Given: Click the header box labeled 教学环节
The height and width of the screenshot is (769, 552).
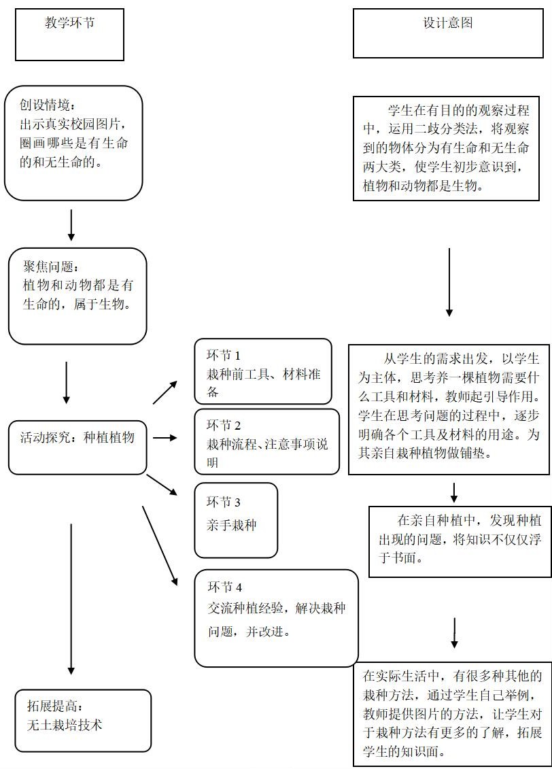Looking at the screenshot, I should click(x=69, y=34).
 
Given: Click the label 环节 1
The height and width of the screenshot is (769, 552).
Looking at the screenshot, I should click(x=224, y=355).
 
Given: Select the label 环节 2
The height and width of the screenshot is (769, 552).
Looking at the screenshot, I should click(x=224, y=426).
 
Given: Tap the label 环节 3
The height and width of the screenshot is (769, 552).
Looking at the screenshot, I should click(x=224, y=502).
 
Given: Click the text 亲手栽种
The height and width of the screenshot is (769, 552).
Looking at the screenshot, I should click(x=232, y=526).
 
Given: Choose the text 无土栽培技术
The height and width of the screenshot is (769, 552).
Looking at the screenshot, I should click(x=65, y=725).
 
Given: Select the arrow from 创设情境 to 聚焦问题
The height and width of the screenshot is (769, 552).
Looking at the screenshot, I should click(x=71, y=224).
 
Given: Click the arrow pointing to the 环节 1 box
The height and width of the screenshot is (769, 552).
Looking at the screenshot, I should click(x=165, y=392).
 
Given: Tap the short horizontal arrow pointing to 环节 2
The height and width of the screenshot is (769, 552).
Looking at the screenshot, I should click(x=165, y=438).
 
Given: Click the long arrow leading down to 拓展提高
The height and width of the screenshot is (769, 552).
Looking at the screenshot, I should click(x=71, y=598).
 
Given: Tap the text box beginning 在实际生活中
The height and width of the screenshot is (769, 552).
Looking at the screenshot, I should click(x=452, y=714).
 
